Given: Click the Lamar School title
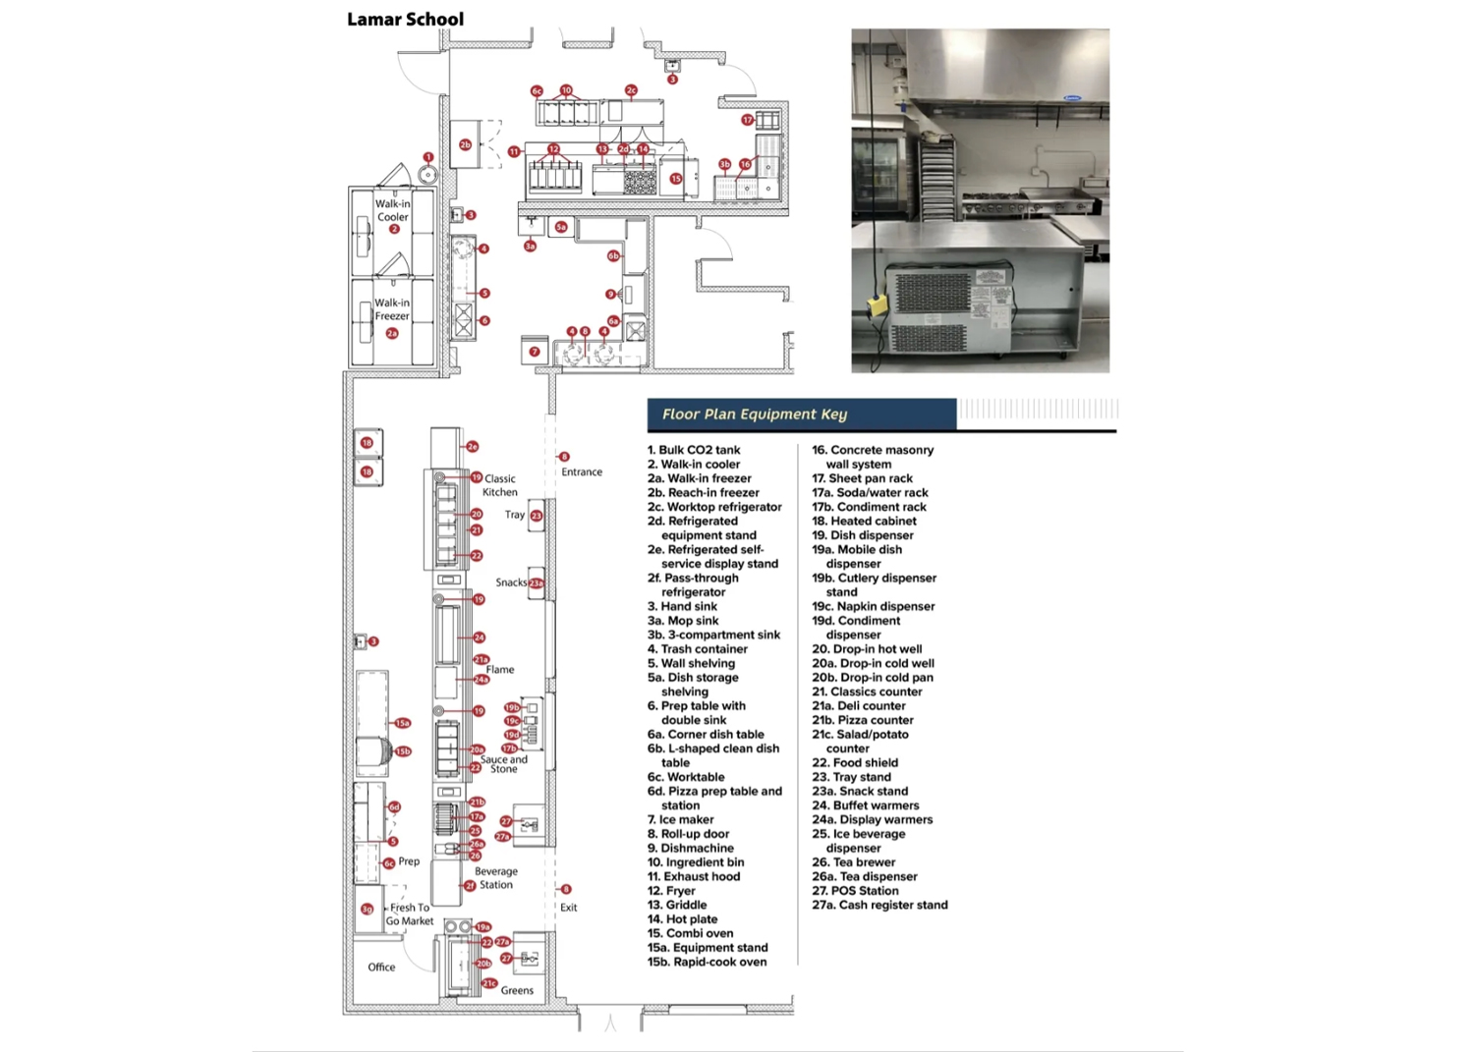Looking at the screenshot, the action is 405,19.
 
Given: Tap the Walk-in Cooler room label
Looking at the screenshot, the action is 392,210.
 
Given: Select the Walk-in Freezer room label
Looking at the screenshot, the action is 391,309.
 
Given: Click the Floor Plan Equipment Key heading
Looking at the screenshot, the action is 754,415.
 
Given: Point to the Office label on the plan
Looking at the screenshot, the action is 381,968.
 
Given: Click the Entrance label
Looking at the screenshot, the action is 582,472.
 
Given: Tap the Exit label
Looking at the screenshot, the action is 569,908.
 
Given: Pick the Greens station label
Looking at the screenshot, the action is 517,990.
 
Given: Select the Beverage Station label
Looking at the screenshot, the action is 496,878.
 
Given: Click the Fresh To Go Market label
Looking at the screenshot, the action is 410,914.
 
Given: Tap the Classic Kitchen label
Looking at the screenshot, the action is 500,485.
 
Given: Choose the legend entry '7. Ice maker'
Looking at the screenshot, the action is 680,819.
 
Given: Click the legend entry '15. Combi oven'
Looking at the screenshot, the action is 690,933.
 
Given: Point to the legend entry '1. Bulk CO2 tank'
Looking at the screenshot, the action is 694,450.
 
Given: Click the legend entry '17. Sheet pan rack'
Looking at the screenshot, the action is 862,478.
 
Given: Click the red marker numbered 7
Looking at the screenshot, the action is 535,352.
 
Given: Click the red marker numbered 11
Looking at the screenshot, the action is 514,152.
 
